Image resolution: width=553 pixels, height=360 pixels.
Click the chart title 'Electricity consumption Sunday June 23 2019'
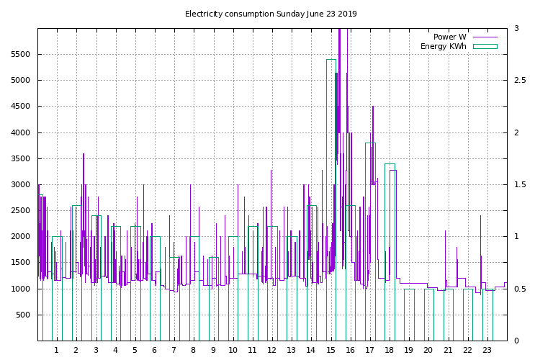point(271,14)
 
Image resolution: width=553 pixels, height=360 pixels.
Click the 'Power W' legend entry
point(449,37)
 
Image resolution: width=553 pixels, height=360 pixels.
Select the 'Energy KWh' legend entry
point(443,47)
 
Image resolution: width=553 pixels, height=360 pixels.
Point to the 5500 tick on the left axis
point(20,55)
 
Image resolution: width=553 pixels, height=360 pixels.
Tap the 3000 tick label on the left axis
point(20,185)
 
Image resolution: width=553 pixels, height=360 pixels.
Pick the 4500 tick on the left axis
point(20,107)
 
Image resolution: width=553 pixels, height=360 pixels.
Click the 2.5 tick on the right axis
point(519,81)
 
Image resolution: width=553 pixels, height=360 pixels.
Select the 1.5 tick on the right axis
point(519,185)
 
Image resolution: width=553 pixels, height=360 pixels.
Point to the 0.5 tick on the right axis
point(519,289)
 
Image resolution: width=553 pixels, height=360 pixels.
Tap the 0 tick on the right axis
point(516,341)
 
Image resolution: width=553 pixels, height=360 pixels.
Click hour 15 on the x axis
point(331,351)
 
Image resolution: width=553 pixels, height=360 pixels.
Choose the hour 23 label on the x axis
point(487,351)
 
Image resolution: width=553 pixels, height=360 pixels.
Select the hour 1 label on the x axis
point(57,351)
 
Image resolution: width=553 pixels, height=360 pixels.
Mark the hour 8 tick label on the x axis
point(194,351)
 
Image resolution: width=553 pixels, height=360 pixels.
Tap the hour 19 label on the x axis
point(408,351)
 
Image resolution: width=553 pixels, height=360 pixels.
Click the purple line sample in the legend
point(485,37)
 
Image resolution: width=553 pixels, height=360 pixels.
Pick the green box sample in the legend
point(485,47)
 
